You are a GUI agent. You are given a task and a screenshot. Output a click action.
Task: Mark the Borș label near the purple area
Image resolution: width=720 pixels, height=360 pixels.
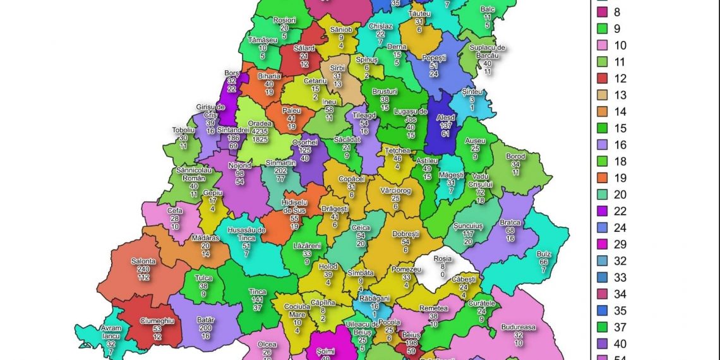[x=231, y=73]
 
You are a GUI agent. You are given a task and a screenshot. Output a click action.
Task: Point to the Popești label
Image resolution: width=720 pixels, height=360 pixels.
[x=433, y=57]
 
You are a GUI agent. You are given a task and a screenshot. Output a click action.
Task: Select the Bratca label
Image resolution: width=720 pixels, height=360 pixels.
[x=510, y=222]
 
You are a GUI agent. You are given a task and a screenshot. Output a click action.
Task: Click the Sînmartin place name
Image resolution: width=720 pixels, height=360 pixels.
[x=280, y=162]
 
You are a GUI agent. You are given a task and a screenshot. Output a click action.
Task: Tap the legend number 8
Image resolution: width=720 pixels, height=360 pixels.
[x=617, y=12]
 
